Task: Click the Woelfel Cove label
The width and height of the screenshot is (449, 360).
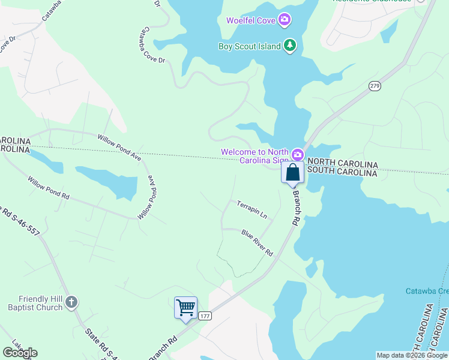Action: (250, 20)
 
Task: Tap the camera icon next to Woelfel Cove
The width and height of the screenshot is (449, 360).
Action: (285, 20)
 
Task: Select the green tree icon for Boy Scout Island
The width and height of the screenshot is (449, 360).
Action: (290, 46)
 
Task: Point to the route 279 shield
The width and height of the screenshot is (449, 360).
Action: (375, 86)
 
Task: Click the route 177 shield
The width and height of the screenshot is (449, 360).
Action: (205, 316)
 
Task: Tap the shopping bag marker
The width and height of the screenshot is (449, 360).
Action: (292, 173)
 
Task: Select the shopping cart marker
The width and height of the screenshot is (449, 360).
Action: (186, 308)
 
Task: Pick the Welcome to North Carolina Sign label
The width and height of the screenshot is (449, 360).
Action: (255, 157)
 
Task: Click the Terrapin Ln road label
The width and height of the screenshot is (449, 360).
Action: (252, 209)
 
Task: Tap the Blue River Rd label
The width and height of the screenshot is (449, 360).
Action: (258, 242)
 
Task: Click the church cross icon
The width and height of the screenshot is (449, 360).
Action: (71, 302)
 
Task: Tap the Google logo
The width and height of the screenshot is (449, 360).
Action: (20, 353)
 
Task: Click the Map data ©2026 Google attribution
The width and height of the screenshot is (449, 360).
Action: (411, 355)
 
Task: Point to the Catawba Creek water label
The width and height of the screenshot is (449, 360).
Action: (426, 291)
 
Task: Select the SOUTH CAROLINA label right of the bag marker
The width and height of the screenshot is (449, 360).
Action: (342, 173)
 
